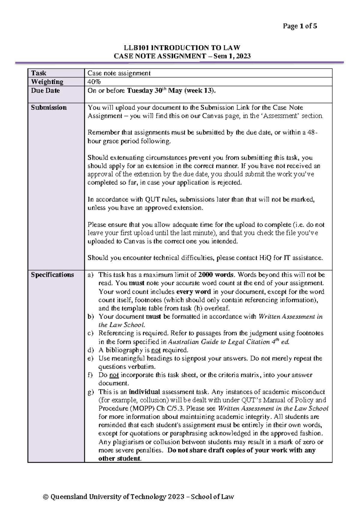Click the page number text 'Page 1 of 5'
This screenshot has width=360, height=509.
(300, 26)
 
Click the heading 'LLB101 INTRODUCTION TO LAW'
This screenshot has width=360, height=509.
(182, 48)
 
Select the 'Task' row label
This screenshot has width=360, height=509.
(39, 73)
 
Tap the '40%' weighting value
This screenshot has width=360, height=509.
(94, 82)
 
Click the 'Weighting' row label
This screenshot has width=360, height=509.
(47, 82)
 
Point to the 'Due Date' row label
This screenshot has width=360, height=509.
(45, 91)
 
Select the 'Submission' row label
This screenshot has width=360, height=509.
(49, 108)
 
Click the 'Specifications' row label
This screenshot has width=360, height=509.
(52, 275)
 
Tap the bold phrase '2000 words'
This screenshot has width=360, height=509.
(216, 275)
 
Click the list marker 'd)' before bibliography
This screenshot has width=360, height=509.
(91, 350)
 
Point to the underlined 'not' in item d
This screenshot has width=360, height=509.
(156, 350)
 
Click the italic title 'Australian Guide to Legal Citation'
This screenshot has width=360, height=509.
(219, 342)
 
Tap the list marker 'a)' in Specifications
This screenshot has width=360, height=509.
(91, 275)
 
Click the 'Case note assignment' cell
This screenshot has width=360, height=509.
(119, 73)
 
